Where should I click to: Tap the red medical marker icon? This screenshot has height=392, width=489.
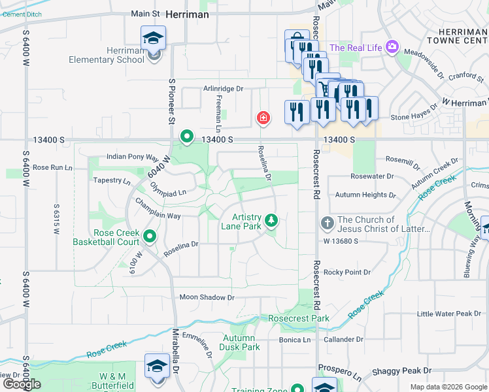(263, 118)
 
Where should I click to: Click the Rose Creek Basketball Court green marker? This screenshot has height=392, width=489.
(150, 236)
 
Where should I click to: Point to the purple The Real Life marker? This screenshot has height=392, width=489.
(392, 46)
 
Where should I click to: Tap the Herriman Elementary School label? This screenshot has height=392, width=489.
(107, 56)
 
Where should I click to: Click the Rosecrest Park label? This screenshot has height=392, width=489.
(299, 319)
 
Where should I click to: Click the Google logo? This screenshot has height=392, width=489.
(22, 384)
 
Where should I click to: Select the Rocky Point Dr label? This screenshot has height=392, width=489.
(347, 272)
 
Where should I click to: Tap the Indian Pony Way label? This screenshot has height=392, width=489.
(133, 157)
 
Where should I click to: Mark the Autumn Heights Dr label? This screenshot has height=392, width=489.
(365, 195)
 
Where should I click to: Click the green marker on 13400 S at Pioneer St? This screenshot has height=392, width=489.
(187, 137)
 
